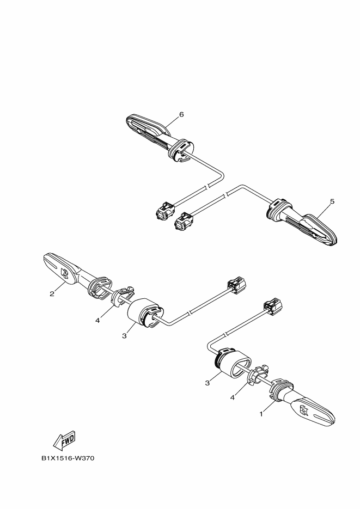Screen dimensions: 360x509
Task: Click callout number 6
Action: coord(181,114)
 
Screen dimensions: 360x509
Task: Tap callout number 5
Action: coord(332,201)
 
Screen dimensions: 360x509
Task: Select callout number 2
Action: coord(52,294)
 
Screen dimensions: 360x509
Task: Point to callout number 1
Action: coord(261,414)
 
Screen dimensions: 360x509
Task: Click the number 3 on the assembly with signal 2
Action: coord(124,336)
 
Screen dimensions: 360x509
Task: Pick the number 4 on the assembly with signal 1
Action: coord(233,397)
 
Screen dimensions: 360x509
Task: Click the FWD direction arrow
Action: coord(64,440)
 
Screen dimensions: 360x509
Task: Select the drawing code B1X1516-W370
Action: coord(68,458)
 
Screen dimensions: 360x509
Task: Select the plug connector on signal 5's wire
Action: coord(184,222)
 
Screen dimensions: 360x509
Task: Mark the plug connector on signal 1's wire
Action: coord(273,308)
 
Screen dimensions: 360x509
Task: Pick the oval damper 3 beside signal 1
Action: coord(232,364)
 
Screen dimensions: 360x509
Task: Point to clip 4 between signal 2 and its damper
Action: coord(123,296)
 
